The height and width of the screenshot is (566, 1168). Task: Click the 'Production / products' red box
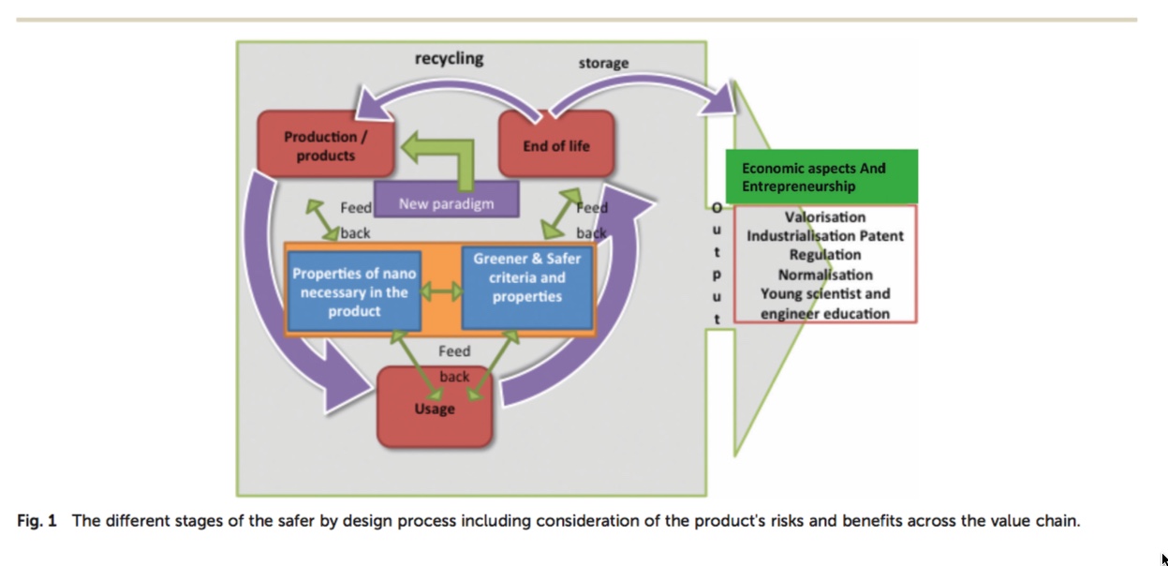(x=326, y=144)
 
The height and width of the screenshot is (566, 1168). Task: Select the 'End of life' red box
(x=556, y=144)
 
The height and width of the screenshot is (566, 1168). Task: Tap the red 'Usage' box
(x=435, y=408)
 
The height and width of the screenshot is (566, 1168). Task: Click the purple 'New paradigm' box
(x=447, y=200)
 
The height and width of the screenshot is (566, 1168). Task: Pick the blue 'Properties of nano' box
(x=354, y=291)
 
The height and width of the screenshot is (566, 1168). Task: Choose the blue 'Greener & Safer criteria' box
(x=527, y=289)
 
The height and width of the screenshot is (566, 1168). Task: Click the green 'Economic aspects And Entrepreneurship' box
(x=821, y=176)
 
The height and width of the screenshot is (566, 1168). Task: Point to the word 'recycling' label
(x=449, y=58)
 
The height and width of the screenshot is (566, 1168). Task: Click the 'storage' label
(x=603, y=63)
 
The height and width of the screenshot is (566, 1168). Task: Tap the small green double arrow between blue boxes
(x=441, y=291)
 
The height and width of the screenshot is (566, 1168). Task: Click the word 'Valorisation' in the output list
(x=825, y=217)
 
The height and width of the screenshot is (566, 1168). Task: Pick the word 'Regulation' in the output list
(x=825, y=255)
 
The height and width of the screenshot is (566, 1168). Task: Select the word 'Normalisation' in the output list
(x=825, y=275)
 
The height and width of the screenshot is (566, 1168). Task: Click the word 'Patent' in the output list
(x=881, y=236)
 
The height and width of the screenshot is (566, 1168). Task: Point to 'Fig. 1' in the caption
(x=37, y=521)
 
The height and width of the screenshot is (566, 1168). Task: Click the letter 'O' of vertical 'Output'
(x=717, y=208)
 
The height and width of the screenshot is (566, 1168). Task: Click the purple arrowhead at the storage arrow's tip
(x=719, y=98)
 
